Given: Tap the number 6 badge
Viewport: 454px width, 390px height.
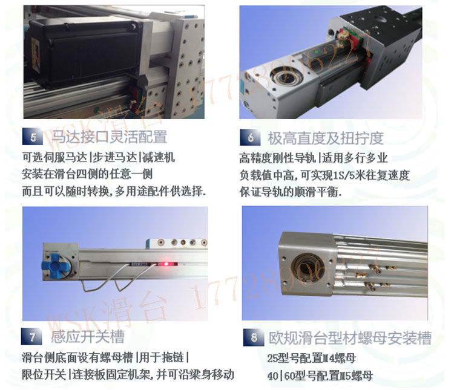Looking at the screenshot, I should click(250, 138).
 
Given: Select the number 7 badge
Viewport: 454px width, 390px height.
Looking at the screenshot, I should click(32, 337).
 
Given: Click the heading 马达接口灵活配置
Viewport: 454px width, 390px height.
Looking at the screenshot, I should click(109, 137).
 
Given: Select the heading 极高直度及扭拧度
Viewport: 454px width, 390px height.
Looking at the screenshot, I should click(326, 138).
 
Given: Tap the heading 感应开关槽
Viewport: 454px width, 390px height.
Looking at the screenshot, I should click(88, 336).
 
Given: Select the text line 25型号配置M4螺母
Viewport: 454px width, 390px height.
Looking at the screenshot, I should click(311, 357).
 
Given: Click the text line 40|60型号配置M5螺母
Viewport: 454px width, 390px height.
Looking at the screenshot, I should click(320, 376).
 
